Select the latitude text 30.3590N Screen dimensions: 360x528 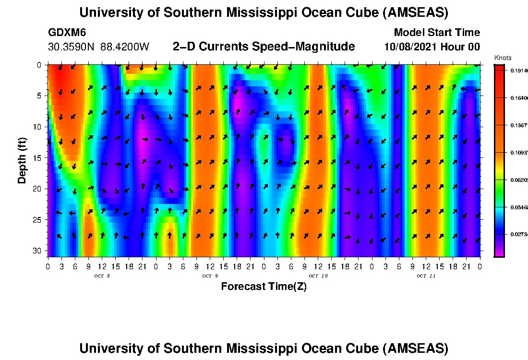coord(72,47)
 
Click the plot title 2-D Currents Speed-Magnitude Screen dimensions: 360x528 coord(264,47)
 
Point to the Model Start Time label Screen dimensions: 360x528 coord(436,33)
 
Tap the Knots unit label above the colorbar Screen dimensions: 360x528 coord(503,58)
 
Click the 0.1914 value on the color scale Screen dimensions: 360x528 coord(518,71)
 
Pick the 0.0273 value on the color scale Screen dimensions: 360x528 coord(518,235)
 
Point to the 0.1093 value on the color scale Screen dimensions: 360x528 coord(518,153)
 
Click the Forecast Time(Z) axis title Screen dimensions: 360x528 coord(264,287)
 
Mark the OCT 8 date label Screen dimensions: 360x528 coord(102,276)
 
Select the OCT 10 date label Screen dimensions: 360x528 coord(318,276)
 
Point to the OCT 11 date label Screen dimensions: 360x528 coord(426,276)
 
